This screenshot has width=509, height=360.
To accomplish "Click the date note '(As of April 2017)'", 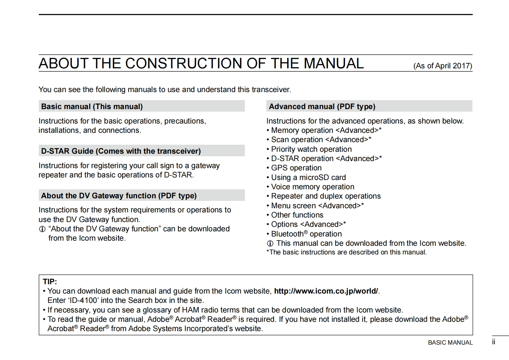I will click(443, 66).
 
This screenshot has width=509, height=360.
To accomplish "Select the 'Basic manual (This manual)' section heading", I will click(92, 107).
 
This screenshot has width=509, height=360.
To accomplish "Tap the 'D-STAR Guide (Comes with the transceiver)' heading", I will click(121, 151).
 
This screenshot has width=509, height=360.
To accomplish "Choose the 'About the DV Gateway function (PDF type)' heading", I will click(119, 196).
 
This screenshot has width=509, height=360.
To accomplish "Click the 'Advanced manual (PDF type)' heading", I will click(322, 107).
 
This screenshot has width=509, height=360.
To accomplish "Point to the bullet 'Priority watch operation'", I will click(311, 149).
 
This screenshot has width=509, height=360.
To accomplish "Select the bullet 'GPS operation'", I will click(296, 168).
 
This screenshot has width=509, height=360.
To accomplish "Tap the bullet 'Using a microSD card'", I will click(308, 177).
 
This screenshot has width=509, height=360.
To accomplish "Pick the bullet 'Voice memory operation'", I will click(312, 187).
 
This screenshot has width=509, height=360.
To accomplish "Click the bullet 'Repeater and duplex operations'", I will click(325, 196).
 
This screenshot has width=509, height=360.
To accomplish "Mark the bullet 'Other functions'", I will click(297, 215).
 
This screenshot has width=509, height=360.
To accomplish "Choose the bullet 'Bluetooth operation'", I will click(306, 234).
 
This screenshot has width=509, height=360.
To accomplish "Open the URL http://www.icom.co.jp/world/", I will click(326, 291).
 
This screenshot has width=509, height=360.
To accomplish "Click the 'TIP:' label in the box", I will click(50, 282).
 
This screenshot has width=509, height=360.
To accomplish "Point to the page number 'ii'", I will click(494, 342).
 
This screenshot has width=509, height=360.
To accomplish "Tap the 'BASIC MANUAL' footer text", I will click(450, 343).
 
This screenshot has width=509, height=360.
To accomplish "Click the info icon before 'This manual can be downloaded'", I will click(270, 244).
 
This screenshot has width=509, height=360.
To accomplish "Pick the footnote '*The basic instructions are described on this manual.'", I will click(346, 252).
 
